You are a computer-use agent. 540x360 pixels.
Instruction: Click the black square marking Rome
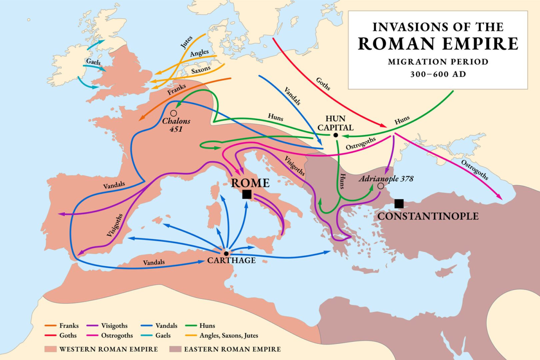[x=247, y=194]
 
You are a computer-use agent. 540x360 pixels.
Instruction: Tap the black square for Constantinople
[x=399, y=204]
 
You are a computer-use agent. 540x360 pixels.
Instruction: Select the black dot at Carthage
[x=226, y=254]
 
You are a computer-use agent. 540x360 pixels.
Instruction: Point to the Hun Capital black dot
[x=336, y=135]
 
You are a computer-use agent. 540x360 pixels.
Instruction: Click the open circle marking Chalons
[x=173, y=113]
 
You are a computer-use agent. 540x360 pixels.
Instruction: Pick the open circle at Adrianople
[x=381, y=186]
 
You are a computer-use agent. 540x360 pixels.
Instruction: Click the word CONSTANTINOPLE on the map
[x=428, y=216]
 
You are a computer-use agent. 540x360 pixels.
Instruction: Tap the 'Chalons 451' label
[x=176, y=125]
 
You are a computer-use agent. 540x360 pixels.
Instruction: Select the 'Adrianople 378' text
[x=386, y=179]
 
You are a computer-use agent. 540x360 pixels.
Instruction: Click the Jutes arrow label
[x=186, y=43]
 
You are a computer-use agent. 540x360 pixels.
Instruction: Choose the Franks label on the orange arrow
[x=176, y=89]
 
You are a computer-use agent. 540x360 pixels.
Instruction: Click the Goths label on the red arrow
[x=323, y=84]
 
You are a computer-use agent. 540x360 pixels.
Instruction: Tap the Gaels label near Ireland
[x=93, y=61]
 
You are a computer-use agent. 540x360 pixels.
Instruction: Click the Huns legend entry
[x=207, y=326]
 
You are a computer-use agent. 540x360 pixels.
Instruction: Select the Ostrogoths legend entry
[x=117, y=335]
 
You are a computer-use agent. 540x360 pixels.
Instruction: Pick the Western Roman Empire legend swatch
[x=50, y=349]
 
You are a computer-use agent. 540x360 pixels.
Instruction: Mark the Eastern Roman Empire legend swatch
[x=175, y=349]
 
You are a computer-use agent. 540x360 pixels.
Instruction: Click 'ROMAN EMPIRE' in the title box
[x=438, y=44]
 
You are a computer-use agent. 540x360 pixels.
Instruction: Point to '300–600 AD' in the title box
[x=438, y=74]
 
